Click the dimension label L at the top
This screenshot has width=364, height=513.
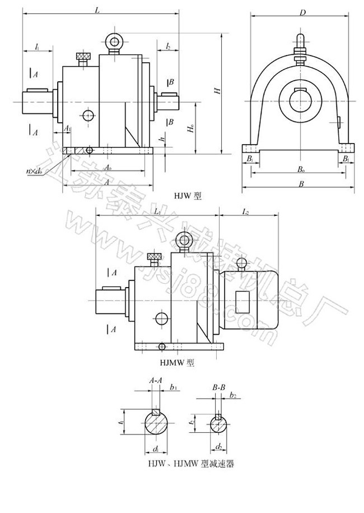[98, 10]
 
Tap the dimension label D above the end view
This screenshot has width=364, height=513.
[302, 12]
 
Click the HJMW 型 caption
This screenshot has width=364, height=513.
[178, 363]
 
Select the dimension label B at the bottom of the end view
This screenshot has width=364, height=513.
[302, 184]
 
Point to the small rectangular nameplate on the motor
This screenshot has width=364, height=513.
[242, 302]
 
